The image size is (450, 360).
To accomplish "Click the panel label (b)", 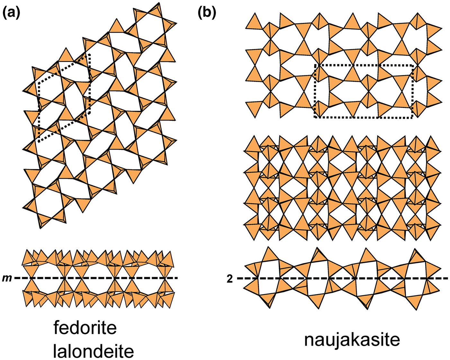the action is click(207, 14).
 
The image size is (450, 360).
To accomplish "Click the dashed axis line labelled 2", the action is click(342, 278).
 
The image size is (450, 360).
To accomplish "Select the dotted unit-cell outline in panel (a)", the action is click(64, 98).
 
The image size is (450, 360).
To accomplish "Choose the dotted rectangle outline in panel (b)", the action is click(364, 91).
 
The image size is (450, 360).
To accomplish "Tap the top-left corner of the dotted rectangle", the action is click(315, 65).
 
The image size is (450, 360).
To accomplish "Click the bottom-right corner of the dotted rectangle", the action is click(412, 118).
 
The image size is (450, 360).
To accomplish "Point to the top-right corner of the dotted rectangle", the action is click(412, 65).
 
